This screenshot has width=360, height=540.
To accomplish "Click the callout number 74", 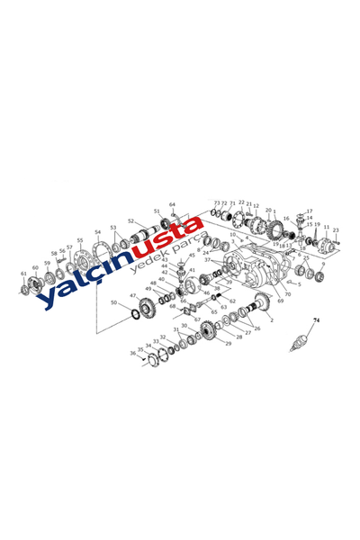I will pos(316,320).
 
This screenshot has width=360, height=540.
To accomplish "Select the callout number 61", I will pos(23,274).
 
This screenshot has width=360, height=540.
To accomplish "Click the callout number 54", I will pos(97,233).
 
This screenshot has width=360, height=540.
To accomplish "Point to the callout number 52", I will pos(130,221).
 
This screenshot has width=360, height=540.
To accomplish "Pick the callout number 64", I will pos(172,205).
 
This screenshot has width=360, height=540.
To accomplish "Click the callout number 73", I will pos(216,203).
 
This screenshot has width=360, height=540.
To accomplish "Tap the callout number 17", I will pos(310,211).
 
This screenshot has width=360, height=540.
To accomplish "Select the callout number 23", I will pos(336,230).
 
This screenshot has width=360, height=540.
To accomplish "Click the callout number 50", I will pos(113,303).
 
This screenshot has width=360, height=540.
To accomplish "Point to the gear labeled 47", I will pos(147,302).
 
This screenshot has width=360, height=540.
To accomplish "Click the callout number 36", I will pos(132,354).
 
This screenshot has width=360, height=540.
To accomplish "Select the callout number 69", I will pos(280,301).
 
